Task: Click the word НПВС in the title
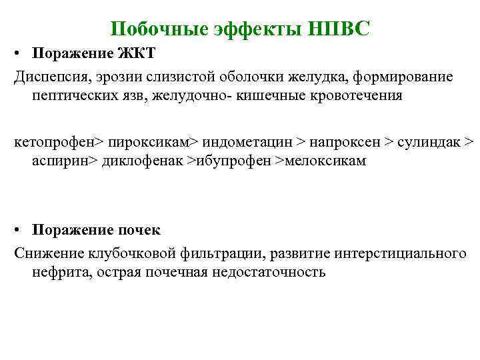(x=340, y=29)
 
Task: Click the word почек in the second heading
(x=140, y=230)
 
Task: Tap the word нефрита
(x=56, y=273)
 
